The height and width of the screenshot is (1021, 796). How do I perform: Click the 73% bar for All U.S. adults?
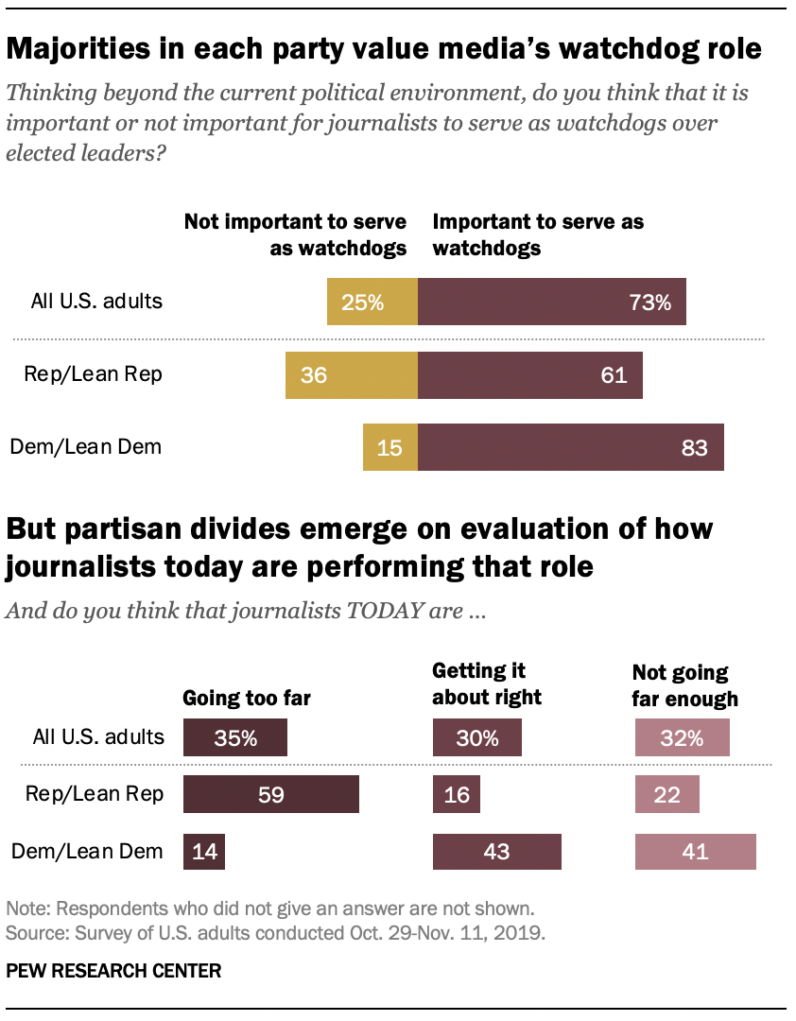click(x=551, y=303)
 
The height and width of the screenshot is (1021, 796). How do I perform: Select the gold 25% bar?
click(x=372, y=303)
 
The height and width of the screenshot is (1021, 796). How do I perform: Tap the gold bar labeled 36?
click(x=351, y=374)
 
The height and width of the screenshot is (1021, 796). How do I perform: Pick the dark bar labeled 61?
click(x=529, y=374)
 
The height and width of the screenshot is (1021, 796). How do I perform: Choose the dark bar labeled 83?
click(x=570, y=447)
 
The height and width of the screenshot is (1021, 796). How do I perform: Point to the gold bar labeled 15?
click(x=389, y=447)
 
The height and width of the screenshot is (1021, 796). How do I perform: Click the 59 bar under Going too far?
click(x=271, y=794)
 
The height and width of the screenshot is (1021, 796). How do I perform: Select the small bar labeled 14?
click(x=204, y=851)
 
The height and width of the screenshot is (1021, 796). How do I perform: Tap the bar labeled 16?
click(x=457, y=794)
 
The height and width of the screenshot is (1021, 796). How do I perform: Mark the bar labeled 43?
click(x=496, y=851)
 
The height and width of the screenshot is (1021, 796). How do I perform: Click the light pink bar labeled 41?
click(x=695, y=851)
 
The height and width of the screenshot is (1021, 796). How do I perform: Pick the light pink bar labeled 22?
click(x=666, y=794)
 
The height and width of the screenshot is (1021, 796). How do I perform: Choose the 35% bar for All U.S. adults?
click(x=235, y=737)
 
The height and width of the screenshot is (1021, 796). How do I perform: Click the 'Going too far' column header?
click(x=246, y=699)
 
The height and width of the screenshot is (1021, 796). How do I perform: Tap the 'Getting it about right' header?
click(x=487, y=684)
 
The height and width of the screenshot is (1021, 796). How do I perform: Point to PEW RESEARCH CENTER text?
click(x=113, y=971)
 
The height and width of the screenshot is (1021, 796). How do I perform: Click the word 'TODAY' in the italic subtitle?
click(x=372, y=611)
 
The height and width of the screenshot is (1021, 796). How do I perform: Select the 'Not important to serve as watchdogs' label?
click(x=295, y=234)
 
